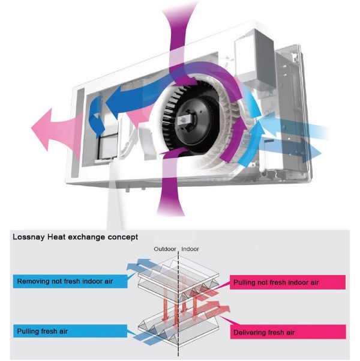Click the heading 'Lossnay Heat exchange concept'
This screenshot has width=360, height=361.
click(x=75, y=237)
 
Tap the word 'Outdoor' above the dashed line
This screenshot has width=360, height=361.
click(x=163, y=249)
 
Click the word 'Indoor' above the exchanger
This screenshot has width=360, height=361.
click(x=191, y=249)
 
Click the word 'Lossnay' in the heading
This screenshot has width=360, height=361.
click(x=29, y=237)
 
